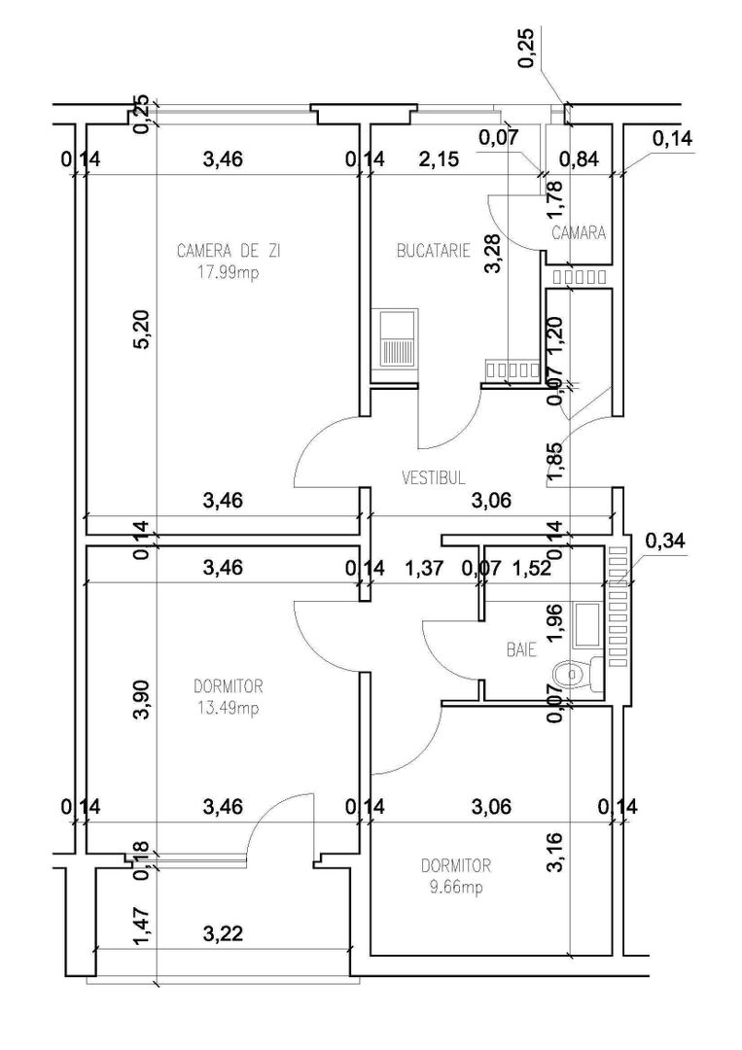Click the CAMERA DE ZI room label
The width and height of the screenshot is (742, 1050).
(x=229, y=251)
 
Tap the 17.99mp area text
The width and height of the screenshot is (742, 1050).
(x=229, y=272)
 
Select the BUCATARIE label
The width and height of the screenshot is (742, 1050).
(x=433, y=251)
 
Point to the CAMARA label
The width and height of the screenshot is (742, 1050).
(x=579, y=233)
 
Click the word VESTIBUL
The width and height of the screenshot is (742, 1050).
(x=434, y=477)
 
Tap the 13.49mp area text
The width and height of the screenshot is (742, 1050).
(x=227, y=707)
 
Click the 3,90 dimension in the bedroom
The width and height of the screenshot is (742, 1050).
(x=142, y=700)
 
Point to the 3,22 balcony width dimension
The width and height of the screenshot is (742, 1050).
(x=223, y=934)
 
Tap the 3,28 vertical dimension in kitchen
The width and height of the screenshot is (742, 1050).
(x=494, y=255)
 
